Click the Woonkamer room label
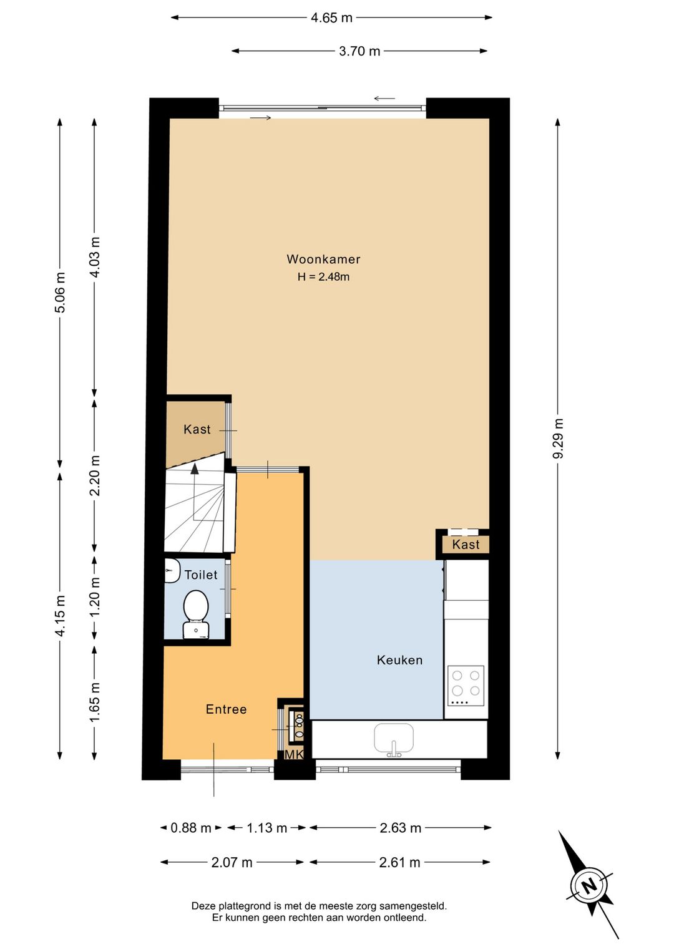pos(323,259)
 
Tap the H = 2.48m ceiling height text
pos(323,276)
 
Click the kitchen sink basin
pos(394,738)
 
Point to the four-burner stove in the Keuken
pos(466,685)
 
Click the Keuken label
pos(399,660)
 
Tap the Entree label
pos(226,709)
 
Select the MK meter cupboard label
pos(293,754)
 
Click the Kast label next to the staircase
pos(197,429)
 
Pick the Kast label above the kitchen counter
pos(466,545)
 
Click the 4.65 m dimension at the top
pos(331,17)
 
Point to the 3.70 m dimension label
pos(359,51)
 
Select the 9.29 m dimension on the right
pos(558,439)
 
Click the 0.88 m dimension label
pos(191,828)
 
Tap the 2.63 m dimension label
pos(400,828)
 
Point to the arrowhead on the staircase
pos(195,468)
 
